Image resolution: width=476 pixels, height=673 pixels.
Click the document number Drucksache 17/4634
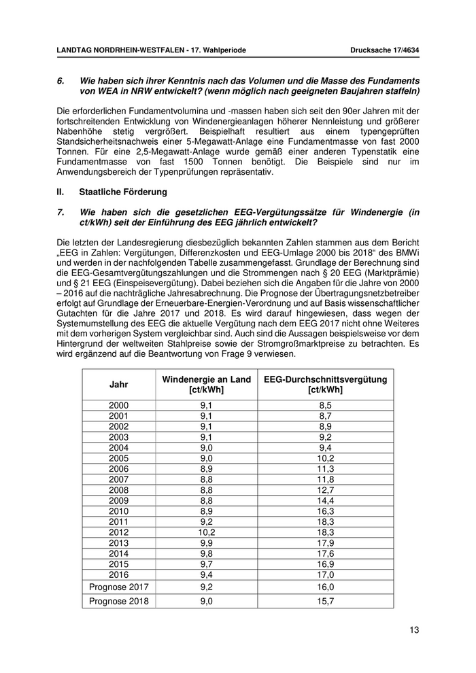(x=384, y=50)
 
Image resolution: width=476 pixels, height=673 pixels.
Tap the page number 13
(x=414, y=630)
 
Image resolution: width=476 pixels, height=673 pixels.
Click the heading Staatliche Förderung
(x=122, y=192)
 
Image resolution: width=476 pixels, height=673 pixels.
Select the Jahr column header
(x=119, y=384)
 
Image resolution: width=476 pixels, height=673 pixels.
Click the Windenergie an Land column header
(x=206, y=385)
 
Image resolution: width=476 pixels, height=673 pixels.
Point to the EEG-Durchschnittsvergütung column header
(x=325, y=385)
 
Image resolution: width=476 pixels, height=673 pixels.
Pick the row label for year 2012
(x=119, y=532)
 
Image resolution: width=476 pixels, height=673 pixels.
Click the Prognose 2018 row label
(x=119, y=601)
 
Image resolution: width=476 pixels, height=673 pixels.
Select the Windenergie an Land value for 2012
(x=206, y=532)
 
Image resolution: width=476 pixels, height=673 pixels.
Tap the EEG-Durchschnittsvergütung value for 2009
(x=325, y=501)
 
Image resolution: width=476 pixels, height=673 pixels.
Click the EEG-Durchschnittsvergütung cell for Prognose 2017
(x=325, y=586)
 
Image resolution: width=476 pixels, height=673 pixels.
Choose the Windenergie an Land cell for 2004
(x=206, y=447)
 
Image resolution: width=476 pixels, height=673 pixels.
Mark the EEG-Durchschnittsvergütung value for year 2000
(x=325, y=405)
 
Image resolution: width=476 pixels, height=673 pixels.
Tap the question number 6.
(x=61, y=80)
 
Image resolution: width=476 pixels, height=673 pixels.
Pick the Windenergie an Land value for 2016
(x=206, y=574)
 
